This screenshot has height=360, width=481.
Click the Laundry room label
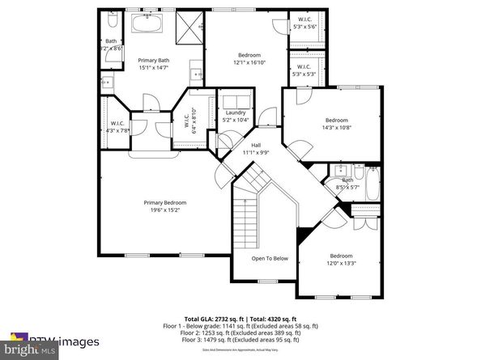(x=236, y=112)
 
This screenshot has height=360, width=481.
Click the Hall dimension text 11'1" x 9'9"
(x=255, y=151)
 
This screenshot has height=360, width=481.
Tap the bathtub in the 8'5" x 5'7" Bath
(x=372, y=184)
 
